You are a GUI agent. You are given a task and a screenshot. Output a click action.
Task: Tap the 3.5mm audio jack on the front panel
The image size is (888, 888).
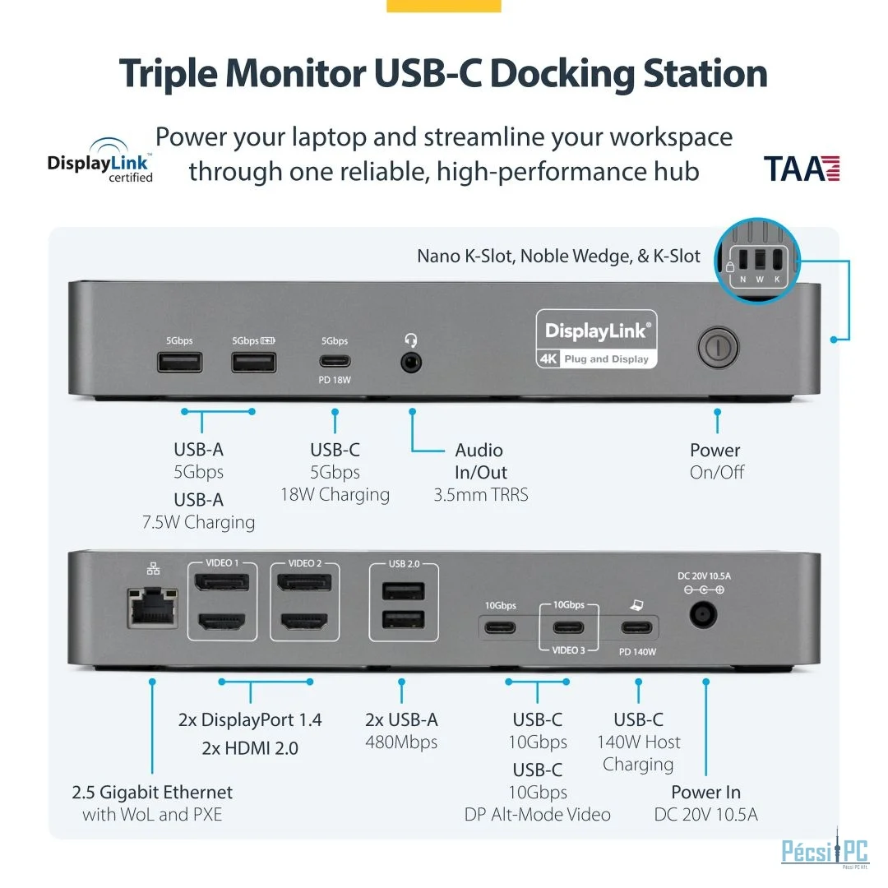410,361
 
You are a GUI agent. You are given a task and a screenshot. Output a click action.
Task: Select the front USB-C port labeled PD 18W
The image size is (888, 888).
335,360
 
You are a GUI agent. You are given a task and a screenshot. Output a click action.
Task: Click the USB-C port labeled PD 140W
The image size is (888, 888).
638,629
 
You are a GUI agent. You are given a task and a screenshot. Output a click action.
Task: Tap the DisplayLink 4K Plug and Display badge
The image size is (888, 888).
597,339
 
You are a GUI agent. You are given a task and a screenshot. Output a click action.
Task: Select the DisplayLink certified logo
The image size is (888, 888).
99,161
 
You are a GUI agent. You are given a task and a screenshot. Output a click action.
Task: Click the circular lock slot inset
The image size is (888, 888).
756,257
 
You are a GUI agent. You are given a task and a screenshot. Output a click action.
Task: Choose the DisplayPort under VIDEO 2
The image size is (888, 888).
304,584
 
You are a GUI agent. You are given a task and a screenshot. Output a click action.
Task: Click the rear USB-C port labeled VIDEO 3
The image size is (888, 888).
569,629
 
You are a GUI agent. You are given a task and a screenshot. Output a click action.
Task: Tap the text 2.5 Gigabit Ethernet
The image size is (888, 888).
152,793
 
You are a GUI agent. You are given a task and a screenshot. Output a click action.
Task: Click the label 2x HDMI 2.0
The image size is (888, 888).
250,748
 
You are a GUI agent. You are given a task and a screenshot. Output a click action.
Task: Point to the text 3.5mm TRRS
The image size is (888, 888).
481,495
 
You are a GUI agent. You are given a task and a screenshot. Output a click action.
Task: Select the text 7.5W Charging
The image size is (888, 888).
198,522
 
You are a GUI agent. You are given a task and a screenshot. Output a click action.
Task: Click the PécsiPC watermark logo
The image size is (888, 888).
824,851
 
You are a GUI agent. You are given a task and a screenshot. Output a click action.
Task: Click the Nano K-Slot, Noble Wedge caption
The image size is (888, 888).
558,257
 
